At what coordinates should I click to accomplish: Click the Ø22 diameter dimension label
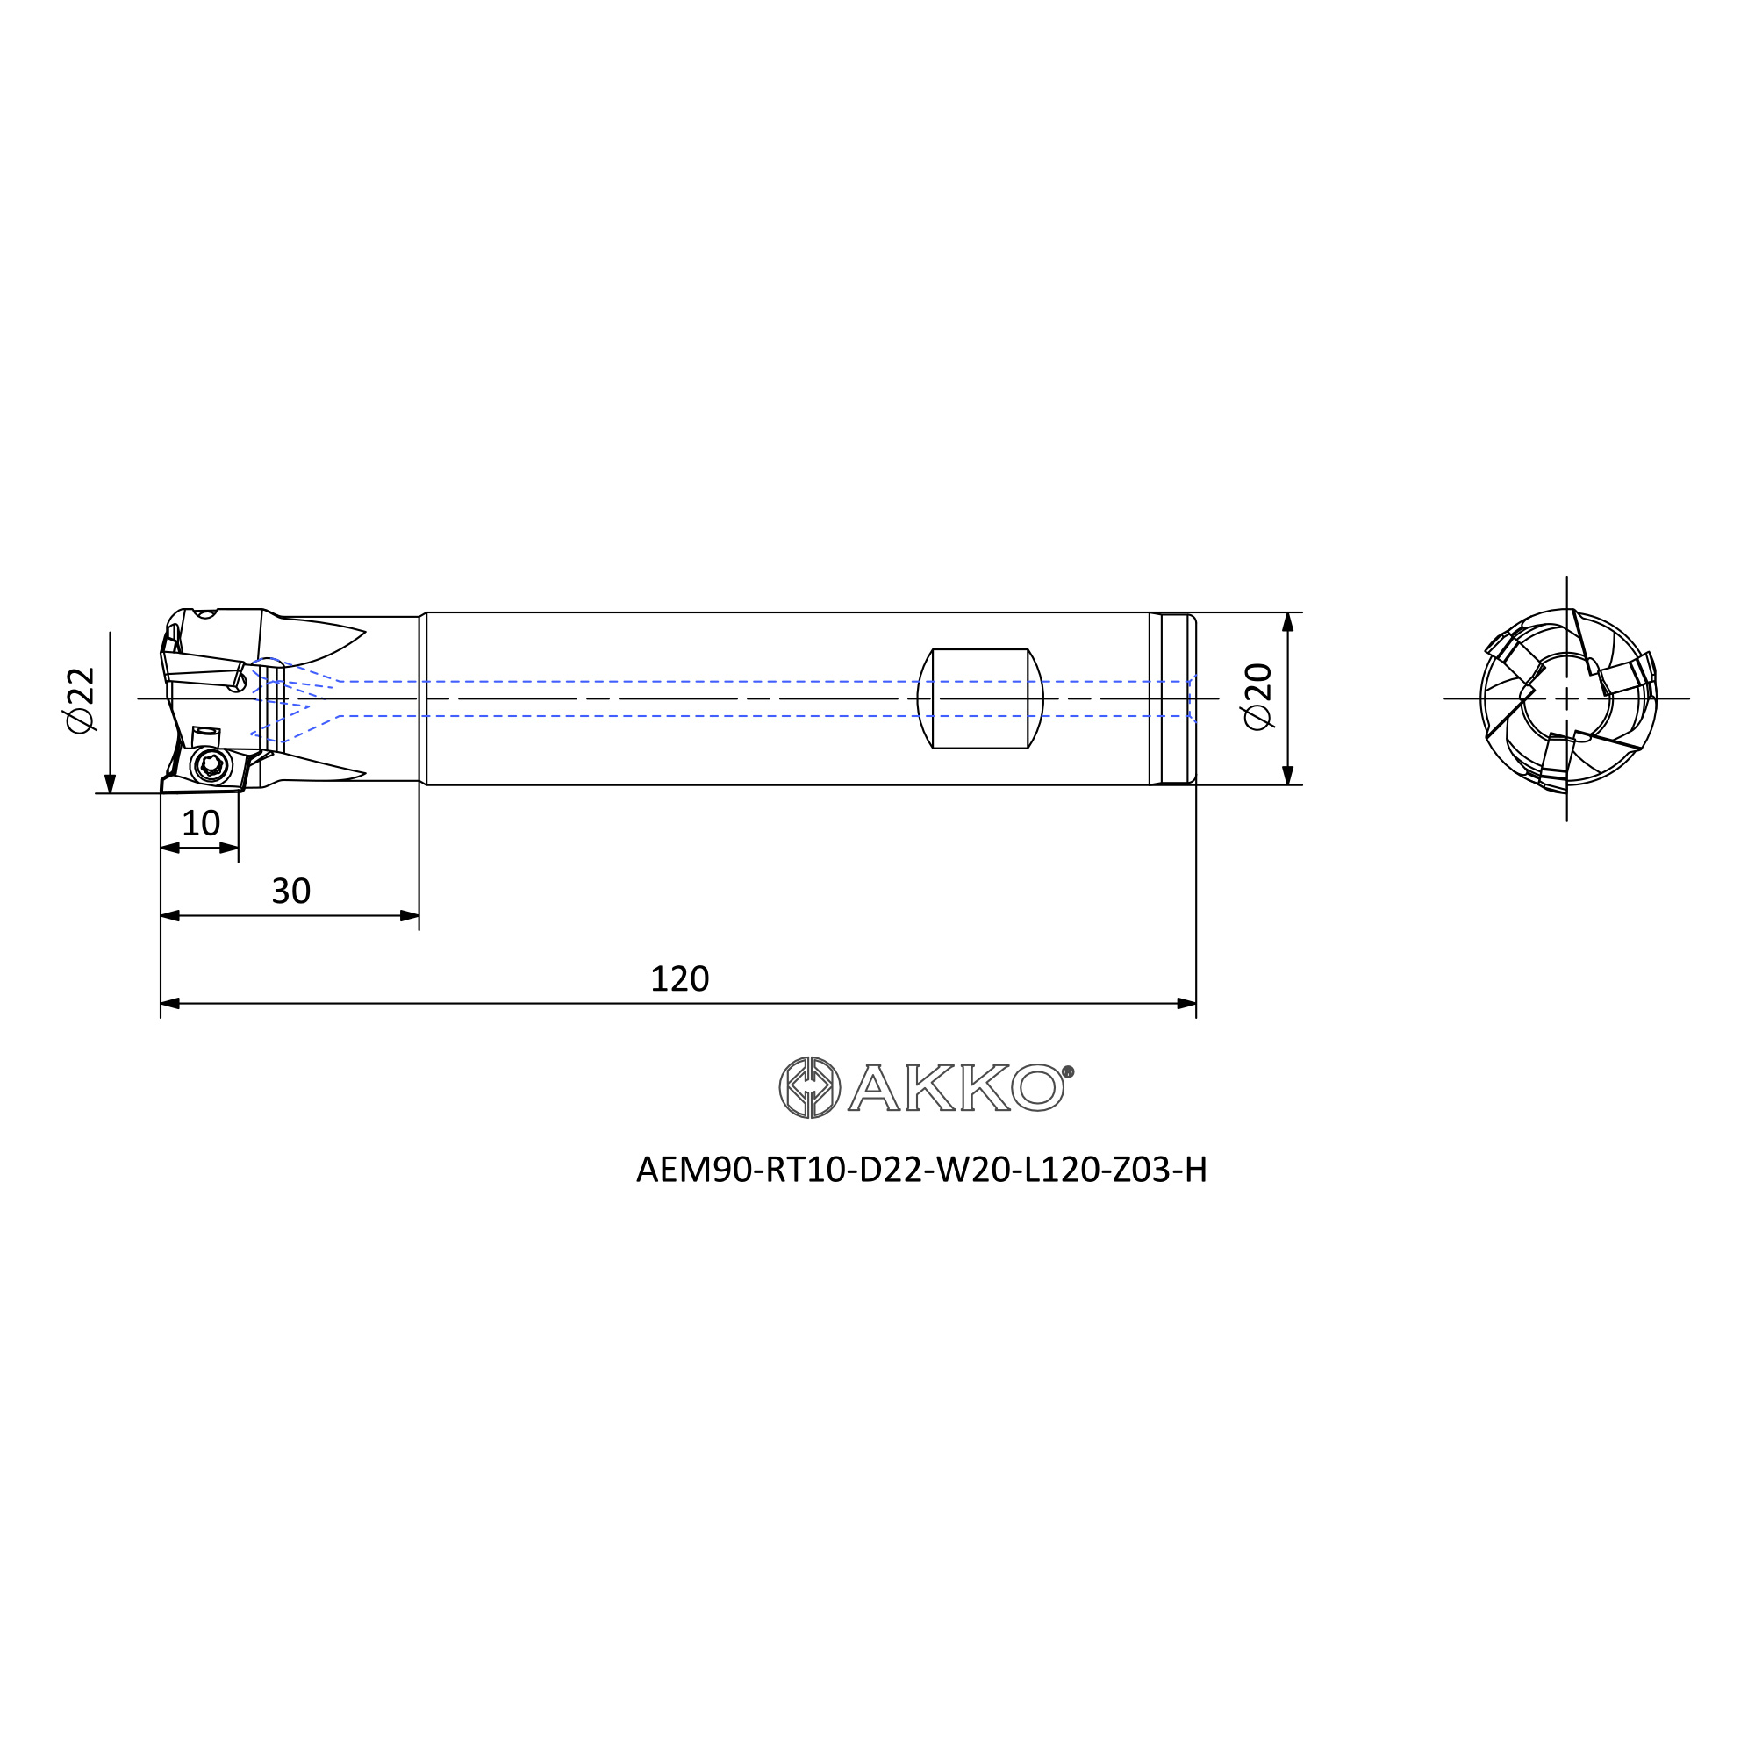[x=80, y=699]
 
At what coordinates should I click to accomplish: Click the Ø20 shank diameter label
[x=1257, y=697]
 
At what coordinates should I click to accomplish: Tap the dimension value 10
[x=201, y=824]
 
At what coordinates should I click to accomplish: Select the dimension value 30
[x=290, y=892]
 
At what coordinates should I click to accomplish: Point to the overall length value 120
[x=679, y=979]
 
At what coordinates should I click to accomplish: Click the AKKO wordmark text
[x=956, y=1087]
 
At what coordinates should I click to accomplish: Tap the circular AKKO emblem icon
[x=809, y=1087]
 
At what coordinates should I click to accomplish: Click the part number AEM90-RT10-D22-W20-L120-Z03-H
[x=921, y=1170]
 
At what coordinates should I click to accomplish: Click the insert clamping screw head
[x=211, y=765]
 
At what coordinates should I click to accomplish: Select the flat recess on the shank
[x=980, y=698]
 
